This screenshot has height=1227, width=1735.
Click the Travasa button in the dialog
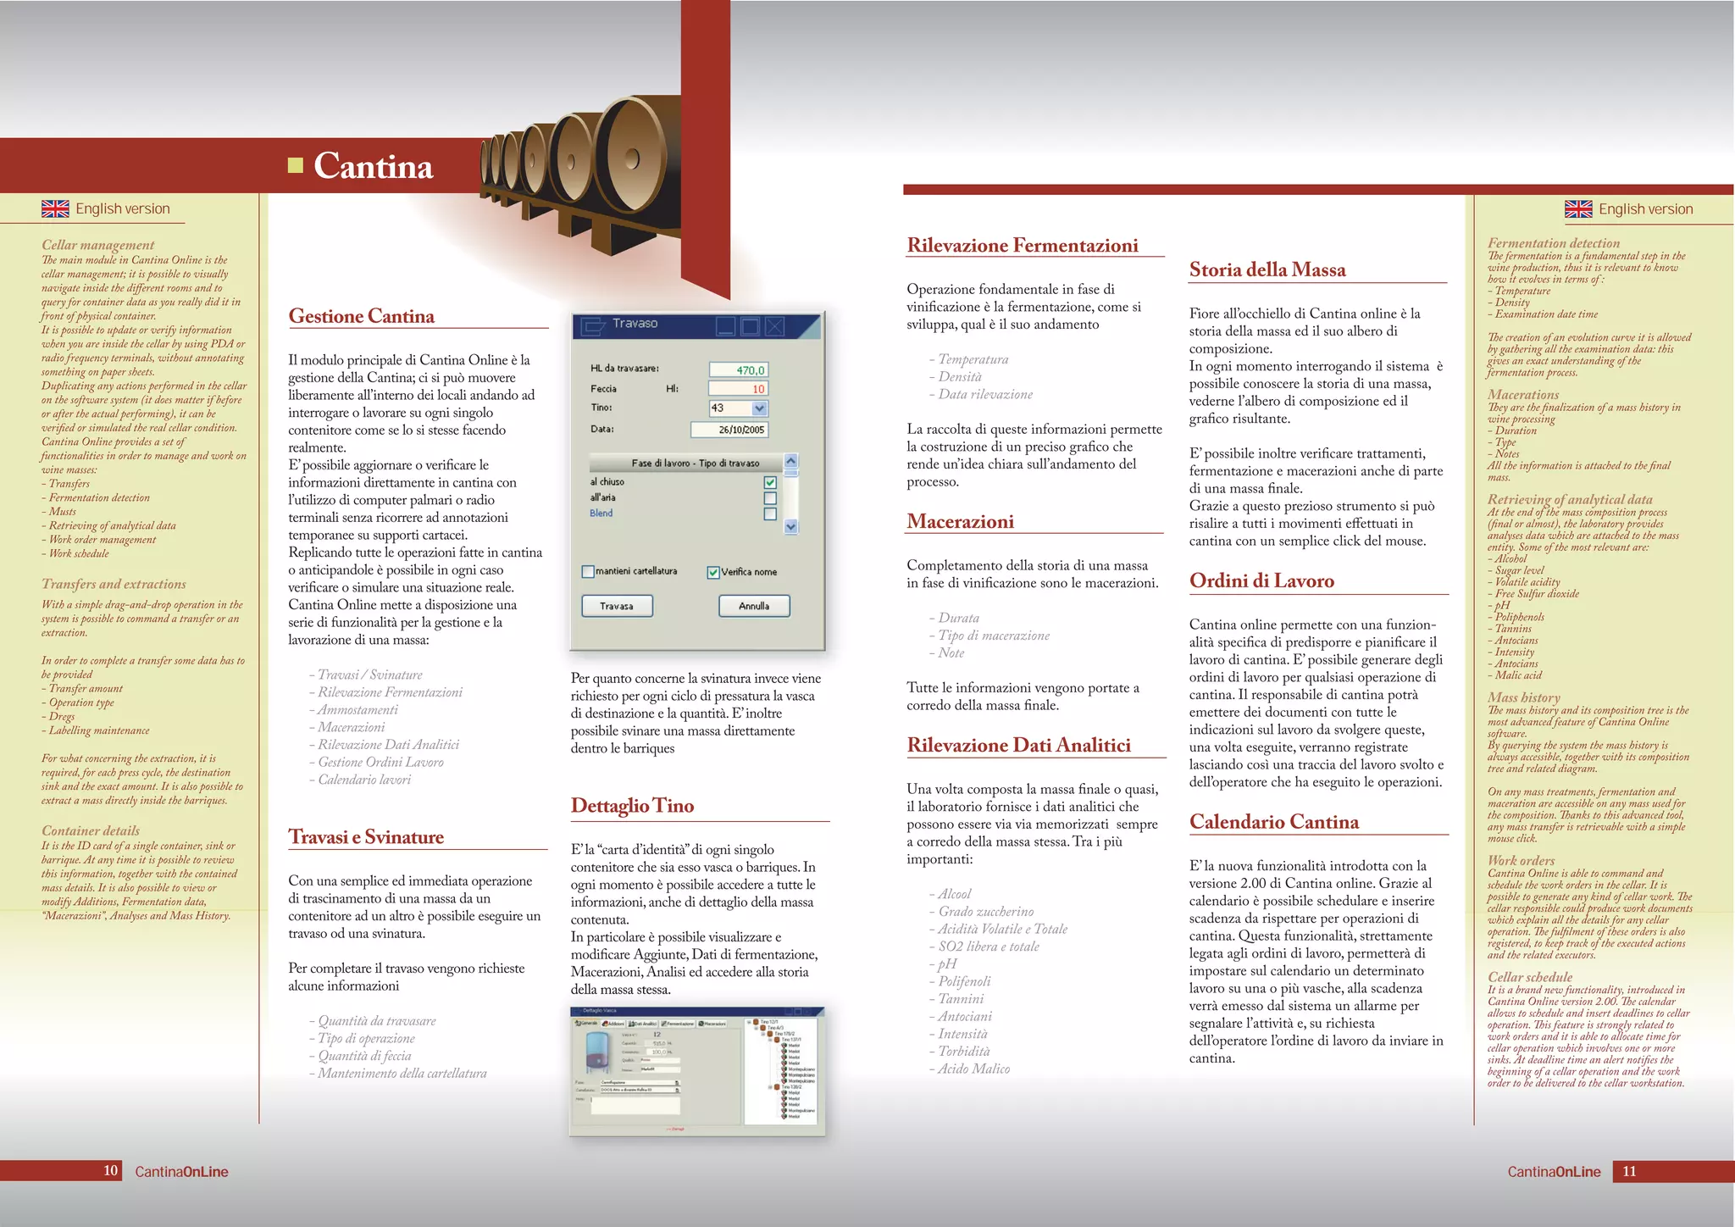pos(617,606)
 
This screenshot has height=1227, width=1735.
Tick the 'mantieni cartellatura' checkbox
pos(588,572)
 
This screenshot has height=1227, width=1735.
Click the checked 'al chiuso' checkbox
pos(770,482)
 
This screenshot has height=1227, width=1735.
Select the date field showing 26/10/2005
pos(729,430)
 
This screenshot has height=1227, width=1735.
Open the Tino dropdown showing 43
pos(759,408)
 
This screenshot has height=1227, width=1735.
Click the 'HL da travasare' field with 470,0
pos(738,369)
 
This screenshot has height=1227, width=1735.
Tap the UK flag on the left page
pos(55,208)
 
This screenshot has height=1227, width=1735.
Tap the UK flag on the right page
pos(1578,208)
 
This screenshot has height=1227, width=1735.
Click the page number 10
pos(110,1171)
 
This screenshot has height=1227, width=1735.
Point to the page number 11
pos(1629,1171)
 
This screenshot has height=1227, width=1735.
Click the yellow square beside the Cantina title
pos(296,165)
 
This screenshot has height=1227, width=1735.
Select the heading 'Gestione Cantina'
pos(362,316)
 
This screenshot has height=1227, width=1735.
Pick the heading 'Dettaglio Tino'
pos(632,805)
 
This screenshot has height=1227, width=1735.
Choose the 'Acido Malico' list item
pos(973,1069)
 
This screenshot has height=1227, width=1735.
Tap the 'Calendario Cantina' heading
pos(1274,821)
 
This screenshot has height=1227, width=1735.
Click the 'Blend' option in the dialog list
pos(601,514)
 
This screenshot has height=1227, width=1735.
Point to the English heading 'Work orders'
pos(1522,860)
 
